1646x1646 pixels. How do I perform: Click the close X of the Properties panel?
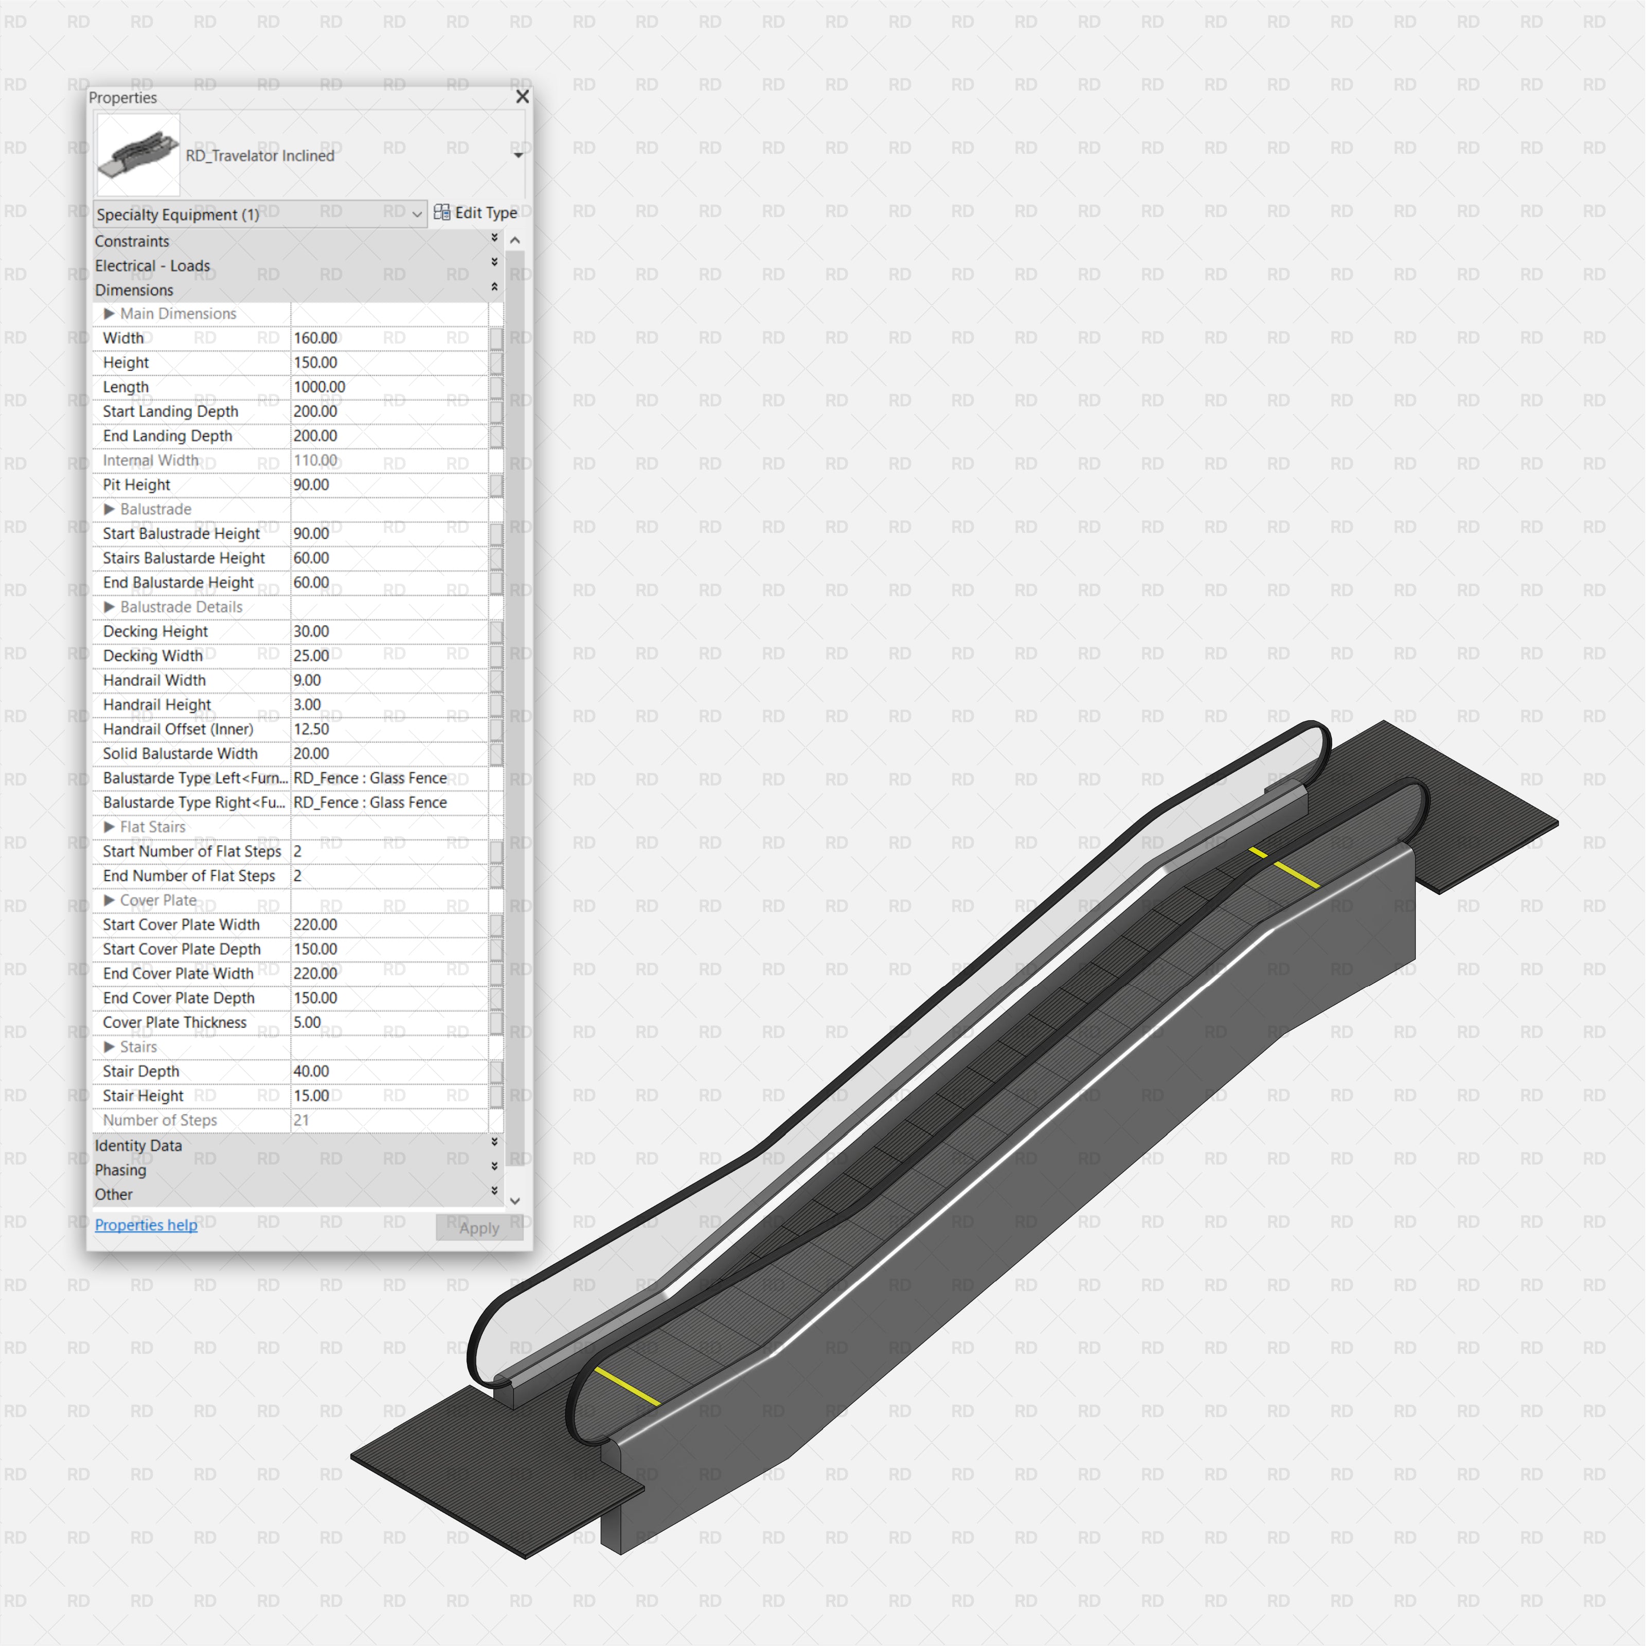[x=522, y=97]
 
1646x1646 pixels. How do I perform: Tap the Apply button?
[x=479, y=1228]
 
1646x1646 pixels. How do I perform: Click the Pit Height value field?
[x=388, y=485]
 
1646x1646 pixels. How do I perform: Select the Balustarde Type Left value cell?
[x=388, y=778]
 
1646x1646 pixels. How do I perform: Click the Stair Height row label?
[x=143, y=1096]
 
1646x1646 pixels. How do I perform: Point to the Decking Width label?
[x=152, y=656]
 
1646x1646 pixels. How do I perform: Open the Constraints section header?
[x=132, y=241]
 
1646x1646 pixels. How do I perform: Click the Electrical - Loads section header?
[x=152, y=266]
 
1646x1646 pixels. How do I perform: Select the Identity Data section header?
[x=138, y=1145]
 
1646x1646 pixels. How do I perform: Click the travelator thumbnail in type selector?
[x=138, y=155]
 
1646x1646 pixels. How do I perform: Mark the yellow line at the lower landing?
[x=626, y=1386]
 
